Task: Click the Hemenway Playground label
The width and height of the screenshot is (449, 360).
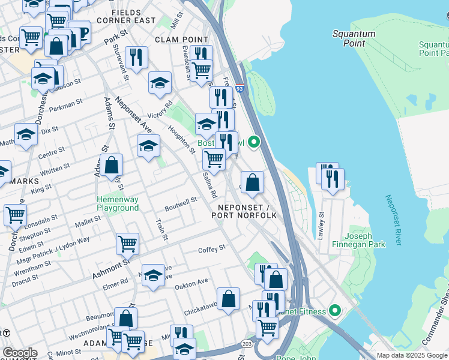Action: click(x=118, y=203)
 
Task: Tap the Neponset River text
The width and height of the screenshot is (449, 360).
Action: click(x=391, y=220)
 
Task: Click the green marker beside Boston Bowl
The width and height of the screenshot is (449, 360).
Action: click(x=254, y=142)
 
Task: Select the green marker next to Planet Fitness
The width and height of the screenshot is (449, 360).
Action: click(x=335, y=311)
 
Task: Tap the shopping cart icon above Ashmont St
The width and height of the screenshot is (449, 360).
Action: click(x=127, y=244)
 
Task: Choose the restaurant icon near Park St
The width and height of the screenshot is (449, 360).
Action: click(x=137, y=58)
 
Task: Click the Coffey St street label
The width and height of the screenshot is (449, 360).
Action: click(x=213, y=248)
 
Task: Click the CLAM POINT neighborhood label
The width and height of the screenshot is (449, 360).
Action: click(x=176, y=39)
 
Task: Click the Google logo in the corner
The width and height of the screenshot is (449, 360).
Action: click(x=20, y=352)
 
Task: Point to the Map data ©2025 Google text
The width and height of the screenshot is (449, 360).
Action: click(x=412, y=355)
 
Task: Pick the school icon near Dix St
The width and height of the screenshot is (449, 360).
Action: click(x=26, y=135)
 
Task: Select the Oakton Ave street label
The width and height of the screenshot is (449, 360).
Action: click(x=191, y=281)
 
